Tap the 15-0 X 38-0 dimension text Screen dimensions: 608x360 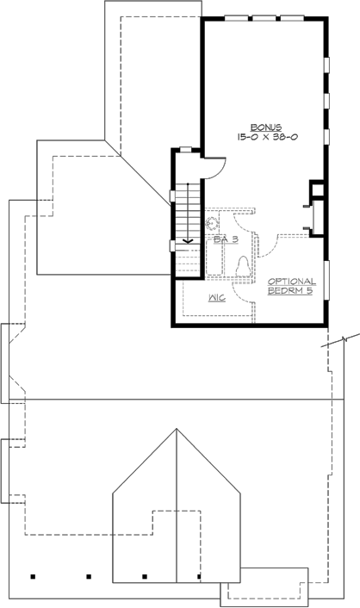pos(264,136)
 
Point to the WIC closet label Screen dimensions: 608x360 pos(218,299)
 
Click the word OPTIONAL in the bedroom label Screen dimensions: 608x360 pos(291,282)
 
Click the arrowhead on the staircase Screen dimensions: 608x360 pos(189,241)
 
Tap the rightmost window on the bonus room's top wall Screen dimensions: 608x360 pos(294,17)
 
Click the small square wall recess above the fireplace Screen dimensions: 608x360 pos(317,189)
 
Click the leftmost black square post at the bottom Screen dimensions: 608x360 pos(33,575)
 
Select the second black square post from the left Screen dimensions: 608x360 pos(89,575)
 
